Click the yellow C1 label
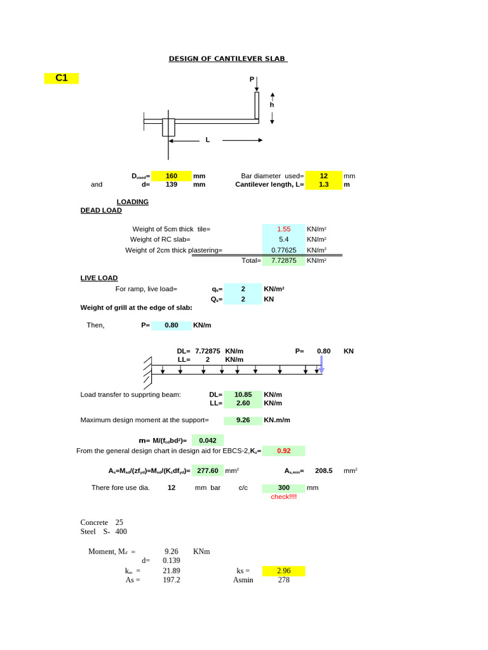click(x=62, y=78)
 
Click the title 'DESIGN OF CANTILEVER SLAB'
click(x=227, y=59)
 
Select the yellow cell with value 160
click(x=171, y=176)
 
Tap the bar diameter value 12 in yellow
click(x=323, y=176)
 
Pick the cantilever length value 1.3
click(x=323, y=184)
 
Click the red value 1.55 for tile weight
click(x=283, y=229)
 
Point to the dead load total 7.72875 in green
click(x=283, y=260)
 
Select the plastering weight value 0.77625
click(x=283, y=250)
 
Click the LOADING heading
click(x=132, y=202)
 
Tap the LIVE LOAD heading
click(x=98, y=278)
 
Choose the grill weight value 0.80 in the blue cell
click(x=172, y=325)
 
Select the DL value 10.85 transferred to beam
click(x=243, y=394)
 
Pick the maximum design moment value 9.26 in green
click(x=243, y=420)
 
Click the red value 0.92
click(x=283, y=451)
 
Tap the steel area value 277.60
click(x=208, y=470)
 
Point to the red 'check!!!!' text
click(x=283, y=496)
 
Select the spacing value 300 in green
click(x=283, y=487)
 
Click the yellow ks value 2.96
click(x=283, y=571)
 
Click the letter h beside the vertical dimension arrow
click(x=272, y=105)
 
